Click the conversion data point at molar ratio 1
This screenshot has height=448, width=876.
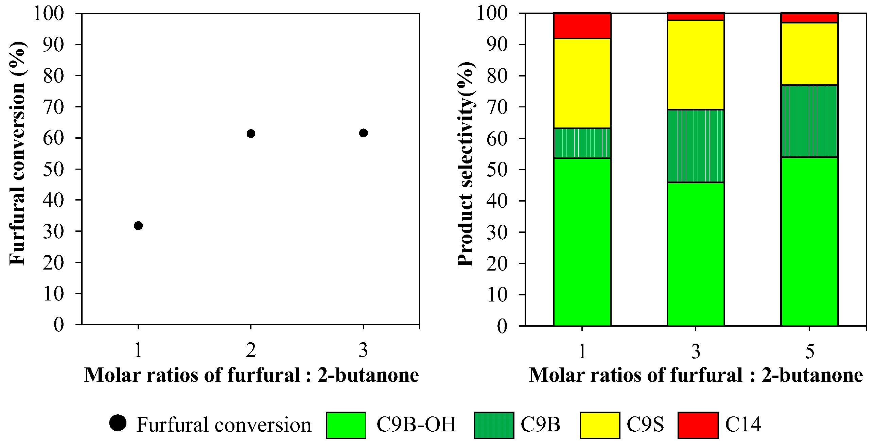pyautogui.click(x=138, y=226)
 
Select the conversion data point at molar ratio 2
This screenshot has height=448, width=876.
pyautogui.click(x=251, y=134)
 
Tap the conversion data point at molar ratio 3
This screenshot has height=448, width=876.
pyautogui.click(x=363, y=133)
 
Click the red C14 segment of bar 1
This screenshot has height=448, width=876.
pyautogui.click(x=582, y=26)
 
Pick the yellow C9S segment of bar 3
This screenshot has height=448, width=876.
pyautogui.click(x=696, y=65)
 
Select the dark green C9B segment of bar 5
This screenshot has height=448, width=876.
pyautogui.click(x=809, y=121)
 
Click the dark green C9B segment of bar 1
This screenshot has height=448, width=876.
pyautogui.click(x=582, y=143)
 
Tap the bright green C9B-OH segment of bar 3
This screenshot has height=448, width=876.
pyautogui.click(x=696, y=254)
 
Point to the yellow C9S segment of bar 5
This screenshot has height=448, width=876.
pyautogui.click(x=809, y=54)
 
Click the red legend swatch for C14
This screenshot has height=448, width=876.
pyautogui.click(x=698, y=425)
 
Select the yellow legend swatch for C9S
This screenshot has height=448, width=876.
pyautogui.click(x=599, y=425)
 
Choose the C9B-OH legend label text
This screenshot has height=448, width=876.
pyautogui.click(x=416, y=425)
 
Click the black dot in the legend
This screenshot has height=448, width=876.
pyautogui.click(x=118, y=423)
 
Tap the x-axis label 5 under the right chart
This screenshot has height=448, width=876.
pyautogui.click(x=810, y=351)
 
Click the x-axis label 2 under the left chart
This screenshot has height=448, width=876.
pyautogui.click(x=251, y=350)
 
